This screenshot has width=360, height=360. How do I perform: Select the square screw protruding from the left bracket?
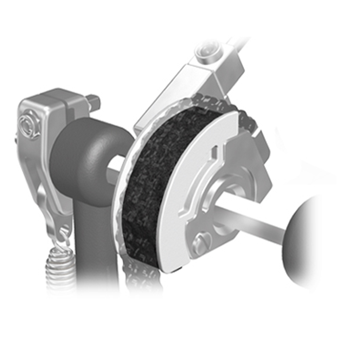click(94, 102)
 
